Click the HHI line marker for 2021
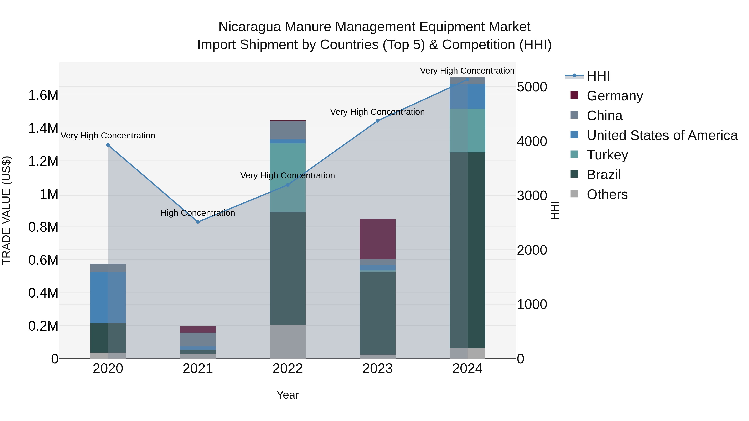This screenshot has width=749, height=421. pyautogui.click(x=198, y=222)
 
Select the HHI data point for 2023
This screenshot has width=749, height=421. pyautogui.click(x=377, y=121)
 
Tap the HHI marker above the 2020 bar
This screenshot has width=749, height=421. pyautogui.click(x=108, y=145)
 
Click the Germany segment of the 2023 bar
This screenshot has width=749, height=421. pyautogui.click(x=377, y=239)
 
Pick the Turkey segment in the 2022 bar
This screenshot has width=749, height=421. pyautogui.click(x=288, y=178)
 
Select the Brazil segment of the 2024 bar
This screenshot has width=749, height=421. pyautogui.click(x=467, y=250)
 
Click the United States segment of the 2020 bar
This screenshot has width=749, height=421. pyautogui.click(x=108, y=297)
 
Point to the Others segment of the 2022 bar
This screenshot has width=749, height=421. pyautogui.click(x=288, y=341)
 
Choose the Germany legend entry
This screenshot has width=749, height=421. pyautogui.click(x=615, y=96)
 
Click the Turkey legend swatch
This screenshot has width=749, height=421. pyautogui.click(x=574, y=154)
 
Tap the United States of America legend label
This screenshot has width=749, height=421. pyautogui.click(x=662, y=135)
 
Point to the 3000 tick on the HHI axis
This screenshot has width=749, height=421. pyautogui.click(x=532, y=196)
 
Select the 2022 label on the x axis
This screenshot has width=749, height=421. pyautogui.click(x=288, y=369)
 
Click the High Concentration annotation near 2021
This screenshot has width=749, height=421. pyautogui.click(x=198, y=213)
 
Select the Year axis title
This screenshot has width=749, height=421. pyautogui.click(x=288, y=395)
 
